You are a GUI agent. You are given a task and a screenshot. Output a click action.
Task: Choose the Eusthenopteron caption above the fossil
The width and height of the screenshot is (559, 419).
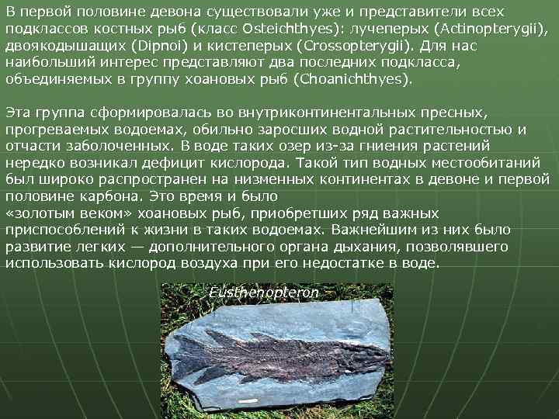[264, 293]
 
